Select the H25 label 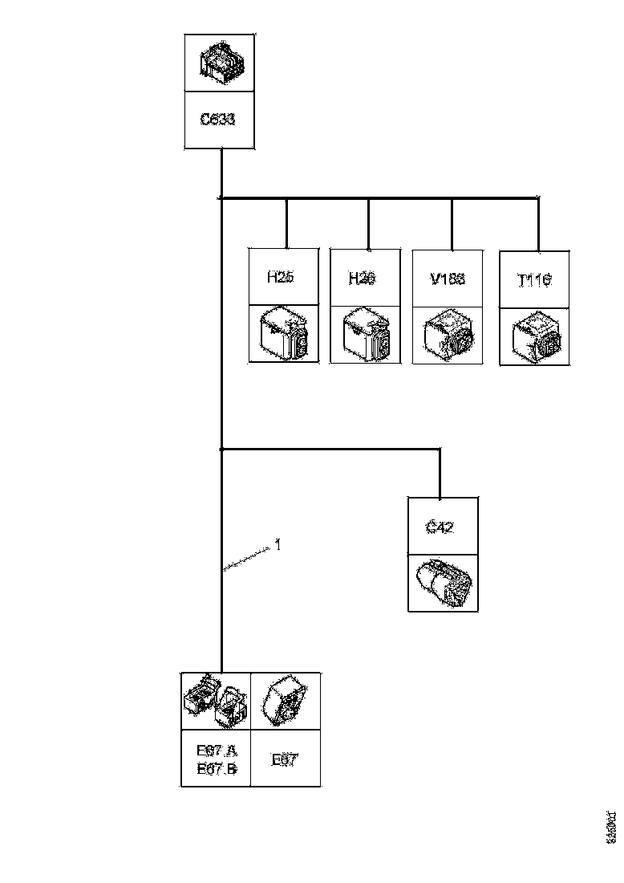click(280, 277)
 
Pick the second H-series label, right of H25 click(362, 278)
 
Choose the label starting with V click(448, 279)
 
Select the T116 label click(535, 281)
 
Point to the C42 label click(440, 527)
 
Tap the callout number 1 click(278, 545)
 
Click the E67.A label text click(217, 751)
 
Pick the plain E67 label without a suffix click(285, 759)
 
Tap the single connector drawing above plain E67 click(286, 701)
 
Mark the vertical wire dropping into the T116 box click(538, 225)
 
